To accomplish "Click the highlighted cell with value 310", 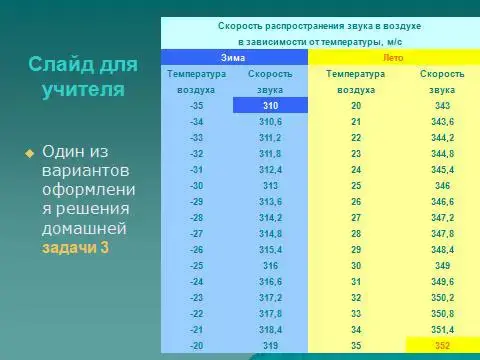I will pos(270,104).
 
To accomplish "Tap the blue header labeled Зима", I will pos(233,58).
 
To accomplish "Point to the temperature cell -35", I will pos(197,104).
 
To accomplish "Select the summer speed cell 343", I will pos(441,104).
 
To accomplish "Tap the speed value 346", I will pos(441,184).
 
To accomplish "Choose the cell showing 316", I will pos(270,264).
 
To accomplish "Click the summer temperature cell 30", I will pos(355,264).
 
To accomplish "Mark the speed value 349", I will pos(441,264).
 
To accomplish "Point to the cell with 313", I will pos(270,184).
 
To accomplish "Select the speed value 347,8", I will pos(441,232).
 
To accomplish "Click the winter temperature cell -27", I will pos(197,232).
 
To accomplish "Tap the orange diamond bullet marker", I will pos(29,153).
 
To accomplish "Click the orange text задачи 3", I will pos(75,247).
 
